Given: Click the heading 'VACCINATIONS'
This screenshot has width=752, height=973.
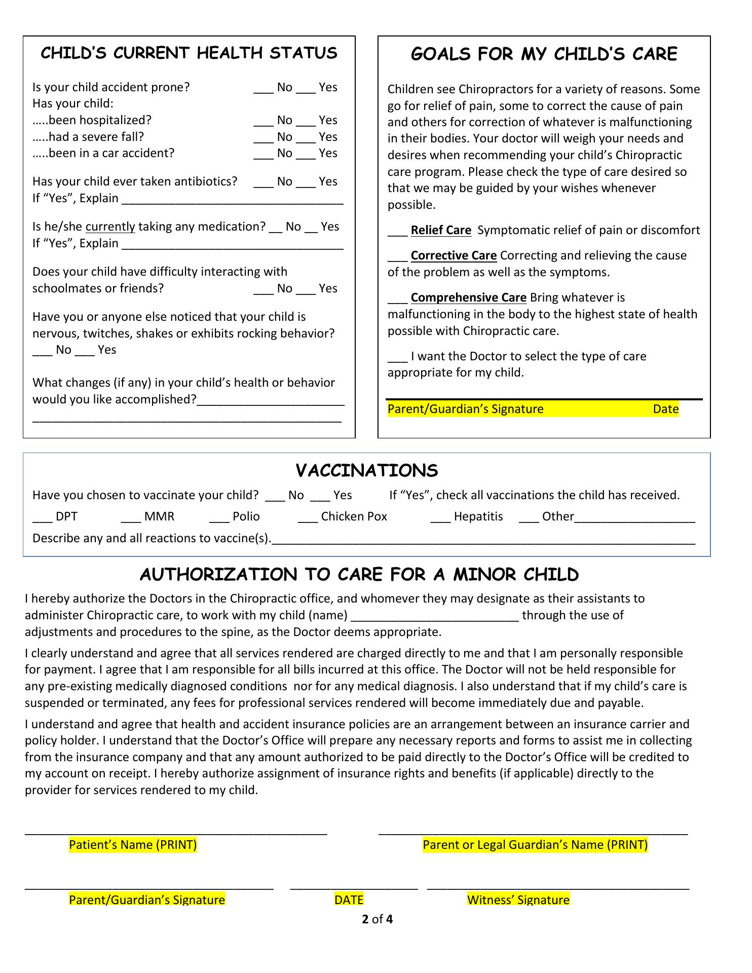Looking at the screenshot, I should click(366, 471).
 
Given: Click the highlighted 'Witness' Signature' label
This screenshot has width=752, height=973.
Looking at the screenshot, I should click(518, 900).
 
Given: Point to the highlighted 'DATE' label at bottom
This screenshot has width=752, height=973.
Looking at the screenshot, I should click(349, 900).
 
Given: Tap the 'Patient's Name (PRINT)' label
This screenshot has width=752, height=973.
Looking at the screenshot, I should click(133, 844).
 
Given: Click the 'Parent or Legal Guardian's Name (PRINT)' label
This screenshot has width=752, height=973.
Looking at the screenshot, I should click(535, 844).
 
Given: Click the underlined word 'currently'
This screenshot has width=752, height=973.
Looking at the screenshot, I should click(110, 227).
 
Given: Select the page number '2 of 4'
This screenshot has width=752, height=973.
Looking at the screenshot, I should click(378, 919).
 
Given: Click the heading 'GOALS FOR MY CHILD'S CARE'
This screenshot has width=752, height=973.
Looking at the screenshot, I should click(544, 54).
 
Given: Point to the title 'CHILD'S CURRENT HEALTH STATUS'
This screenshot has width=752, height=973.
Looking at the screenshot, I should click(189, 53).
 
